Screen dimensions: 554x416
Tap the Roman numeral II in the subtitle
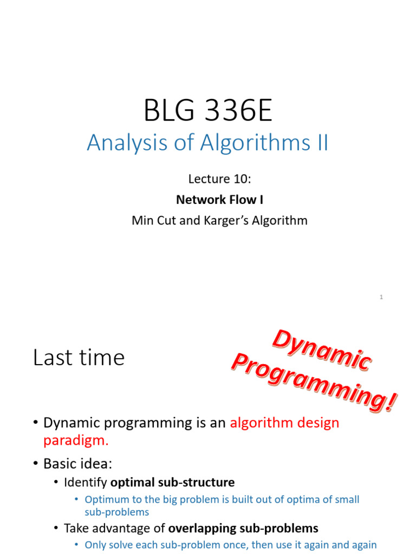tap(320, 143)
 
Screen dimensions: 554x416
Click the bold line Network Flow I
tap(219, 200)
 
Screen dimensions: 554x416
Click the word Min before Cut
tap(143, 221)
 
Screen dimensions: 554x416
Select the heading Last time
tap(79, 358)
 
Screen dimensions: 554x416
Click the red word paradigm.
tap(76, 440)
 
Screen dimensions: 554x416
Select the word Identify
tap(86, 482)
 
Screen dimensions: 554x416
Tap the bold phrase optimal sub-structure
tap(172, 482)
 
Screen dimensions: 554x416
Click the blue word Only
tap(95, 545)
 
